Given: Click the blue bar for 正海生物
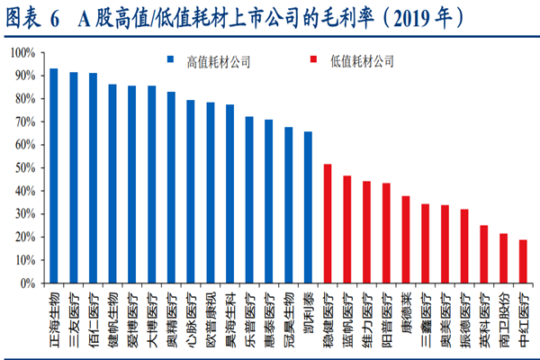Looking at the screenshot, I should click(53, 175).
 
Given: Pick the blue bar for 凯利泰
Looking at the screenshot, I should click(308, 207).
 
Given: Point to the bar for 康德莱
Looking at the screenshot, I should click(406, 239).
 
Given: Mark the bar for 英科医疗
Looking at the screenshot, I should click(484, 254).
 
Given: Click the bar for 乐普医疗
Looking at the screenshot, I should click(249, 199).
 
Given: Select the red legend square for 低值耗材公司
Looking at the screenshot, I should click(310, 61).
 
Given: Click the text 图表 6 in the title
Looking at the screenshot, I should click(32, 17).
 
